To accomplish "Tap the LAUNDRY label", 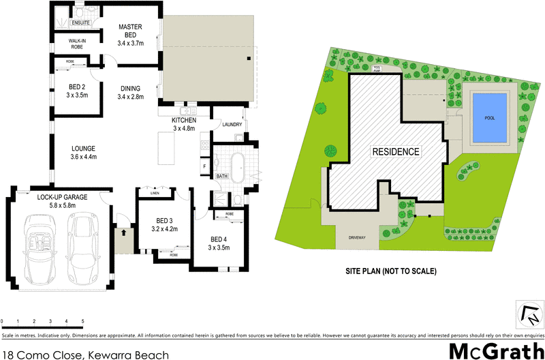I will [234, 125].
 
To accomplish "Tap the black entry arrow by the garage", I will [124, 232].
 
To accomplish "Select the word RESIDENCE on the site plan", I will [395, 151].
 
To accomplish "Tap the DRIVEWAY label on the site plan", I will [358, 238].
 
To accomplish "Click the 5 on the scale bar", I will [82, 321].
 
